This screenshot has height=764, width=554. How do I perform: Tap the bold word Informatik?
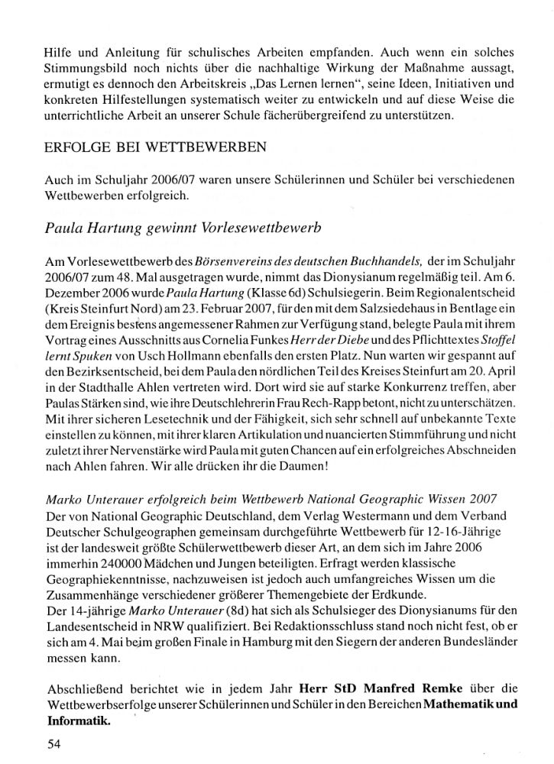pyautogui.click(x=79, y=718)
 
